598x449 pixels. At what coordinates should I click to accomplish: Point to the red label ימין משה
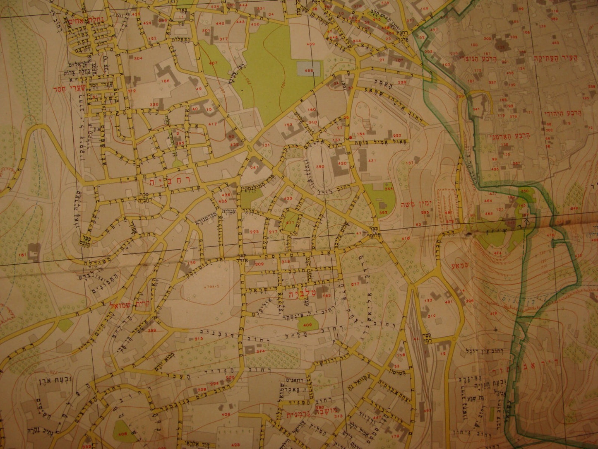pos(416,205)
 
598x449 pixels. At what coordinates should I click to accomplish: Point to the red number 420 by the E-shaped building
pos(342,164)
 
